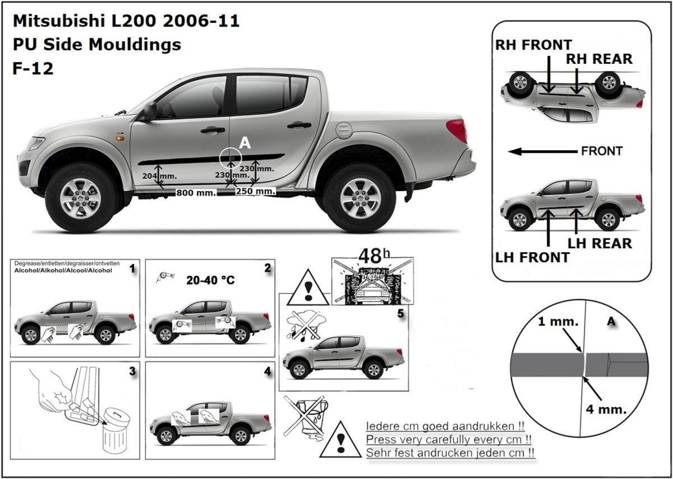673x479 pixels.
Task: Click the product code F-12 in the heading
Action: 33,68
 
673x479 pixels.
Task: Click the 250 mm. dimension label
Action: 255,191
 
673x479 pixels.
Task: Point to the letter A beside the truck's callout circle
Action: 245,143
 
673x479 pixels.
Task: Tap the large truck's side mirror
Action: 149,110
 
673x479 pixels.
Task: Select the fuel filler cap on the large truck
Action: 343,130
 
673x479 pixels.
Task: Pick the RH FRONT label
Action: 533,45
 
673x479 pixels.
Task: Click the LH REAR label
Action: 600,244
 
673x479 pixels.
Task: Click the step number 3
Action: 132,371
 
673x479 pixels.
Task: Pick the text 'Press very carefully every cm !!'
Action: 449,439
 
